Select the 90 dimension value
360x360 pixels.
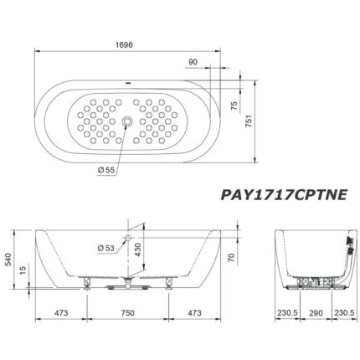tap(193, 61)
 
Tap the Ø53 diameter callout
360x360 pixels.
tap(107, 247)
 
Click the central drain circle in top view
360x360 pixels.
tap(127, 122)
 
